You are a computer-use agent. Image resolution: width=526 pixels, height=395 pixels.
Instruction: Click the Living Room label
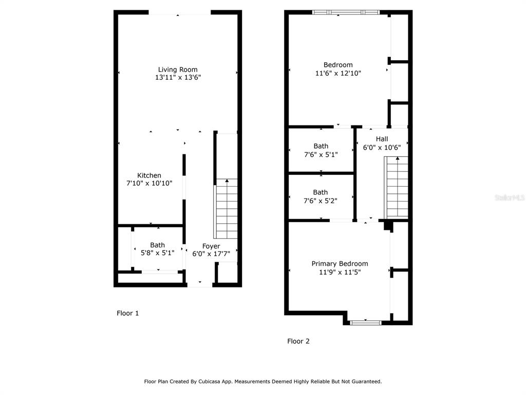pyautogui.click(x=178, y=69)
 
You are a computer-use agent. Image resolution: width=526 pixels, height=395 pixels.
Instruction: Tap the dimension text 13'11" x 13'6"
pyautogui.click(x=178, y=77)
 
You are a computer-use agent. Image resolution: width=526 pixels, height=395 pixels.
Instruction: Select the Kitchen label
pyautogui.click(x=149, y=175)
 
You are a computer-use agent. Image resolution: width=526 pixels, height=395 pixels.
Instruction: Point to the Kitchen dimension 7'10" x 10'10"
pyautogui.click(x=149, y=183)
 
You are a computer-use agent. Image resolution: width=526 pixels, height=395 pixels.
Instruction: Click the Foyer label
pyautogui.click(x=211, y=246)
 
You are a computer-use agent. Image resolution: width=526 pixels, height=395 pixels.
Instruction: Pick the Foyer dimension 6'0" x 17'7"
pyautogui.click(x=211, y=254)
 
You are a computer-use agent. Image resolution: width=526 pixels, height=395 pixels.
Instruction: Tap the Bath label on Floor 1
pyautogui.click(x=157, y=245)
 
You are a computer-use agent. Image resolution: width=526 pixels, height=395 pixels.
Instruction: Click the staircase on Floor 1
pyautogui.click(x=226, y=209)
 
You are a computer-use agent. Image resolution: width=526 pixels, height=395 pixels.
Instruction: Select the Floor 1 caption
pyautogui.click(x=127, y=313)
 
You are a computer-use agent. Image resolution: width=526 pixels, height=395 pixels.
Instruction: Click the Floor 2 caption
pyautogui.click(x=298, y=342)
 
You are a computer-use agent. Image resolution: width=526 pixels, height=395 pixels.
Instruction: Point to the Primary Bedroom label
pyautogui.click(x=340, y=264)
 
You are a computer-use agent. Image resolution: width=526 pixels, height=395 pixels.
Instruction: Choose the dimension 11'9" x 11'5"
pyautogui.click(x=340, y=272)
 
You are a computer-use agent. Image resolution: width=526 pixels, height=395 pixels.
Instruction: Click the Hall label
pyautogui.click(x=382, y=139)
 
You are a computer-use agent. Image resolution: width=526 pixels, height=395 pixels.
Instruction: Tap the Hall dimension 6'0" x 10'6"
pyautogui.click(x=382, y=148)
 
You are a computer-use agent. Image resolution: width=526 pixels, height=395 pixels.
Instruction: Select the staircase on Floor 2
pyautogui.click(x=396, y=187)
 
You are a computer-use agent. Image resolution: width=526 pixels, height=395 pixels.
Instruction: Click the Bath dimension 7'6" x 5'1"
pyautogui.click(x=321, y=154)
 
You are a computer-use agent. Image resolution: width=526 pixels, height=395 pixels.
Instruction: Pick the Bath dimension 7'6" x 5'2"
pyautogui.click(x=321, y=201)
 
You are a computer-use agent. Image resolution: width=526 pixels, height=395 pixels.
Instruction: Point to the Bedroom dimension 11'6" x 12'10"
pyautogui.click(x=338, y=73)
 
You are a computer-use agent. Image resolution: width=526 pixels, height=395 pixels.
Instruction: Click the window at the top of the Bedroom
pyautogui.click(x=346, y=12)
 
